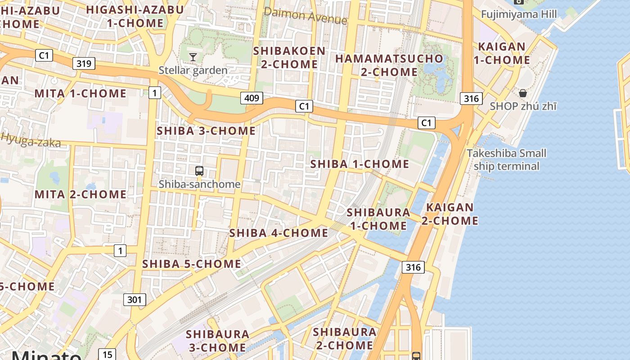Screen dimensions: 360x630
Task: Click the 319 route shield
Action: point(84,63)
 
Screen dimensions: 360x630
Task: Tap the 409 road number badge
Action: point(252,98)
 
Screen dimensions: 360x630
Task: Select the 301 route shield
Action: point(135,299)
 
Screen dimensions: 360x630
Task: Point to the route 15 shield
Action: point(107,355)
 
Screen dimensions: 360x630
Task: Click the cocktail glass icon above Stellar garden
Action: point(193,57)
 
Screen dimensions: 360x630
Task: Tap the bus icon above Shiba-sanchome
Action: point(199,171)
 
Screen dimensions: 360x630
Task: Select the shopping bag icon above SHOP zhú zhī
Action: point(523,93)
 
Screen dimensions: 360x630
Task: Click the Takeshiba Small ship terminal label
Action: point(506,160)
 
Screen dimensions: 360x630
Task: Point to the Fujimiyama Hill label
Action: point(518,14)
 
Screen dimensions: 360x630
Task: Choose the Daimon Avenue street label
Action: point(306,16)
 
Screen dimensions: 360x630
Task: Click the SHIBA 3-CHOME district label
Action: point(206,131)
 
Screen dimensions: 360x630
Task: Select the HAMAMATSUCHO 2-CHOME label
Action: point(389,65)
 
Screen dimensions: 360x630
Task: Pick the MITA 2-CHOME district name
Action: point(81,194)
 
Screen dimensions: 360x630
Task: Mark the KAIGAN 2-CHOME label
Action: point(450,214)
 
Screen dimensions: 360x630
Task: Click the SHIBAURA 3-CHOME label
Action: point(217,341)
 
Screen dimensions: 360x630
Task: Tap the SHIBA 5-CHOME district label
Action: point(192,264)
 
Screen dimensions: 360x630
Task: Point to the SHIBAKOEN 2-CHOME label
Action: point(289,57)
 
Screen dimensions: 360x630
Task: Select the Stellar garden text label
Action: point(193,70)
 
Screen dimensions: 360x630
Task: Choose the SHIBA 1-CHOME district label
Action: point(360,164)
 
